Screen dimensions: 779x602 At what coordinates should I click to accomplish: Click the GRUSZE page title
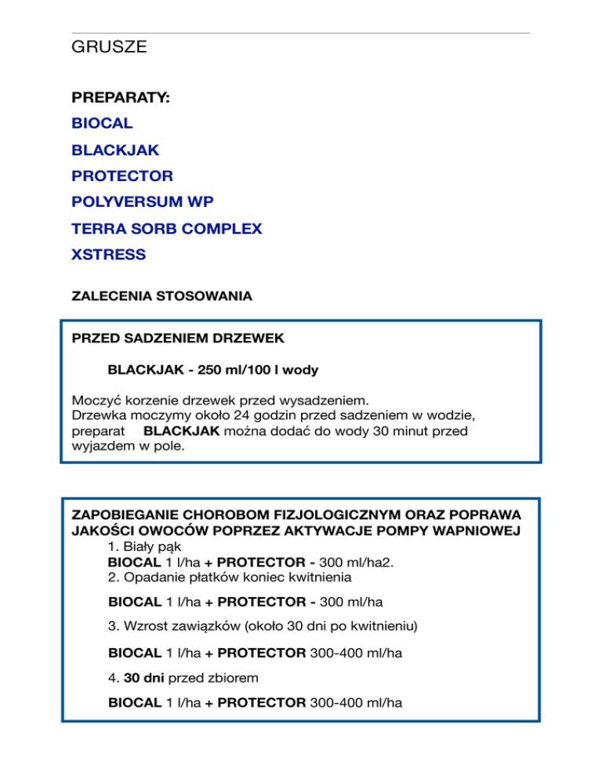109,48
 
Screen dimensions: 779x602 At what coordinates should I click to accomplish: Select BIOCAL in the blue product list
102,124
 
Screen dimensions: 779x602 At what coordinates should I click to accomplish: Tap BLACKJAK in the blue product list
115,150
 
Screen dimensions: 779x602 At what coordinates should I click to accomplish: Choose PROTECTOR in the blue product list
122,176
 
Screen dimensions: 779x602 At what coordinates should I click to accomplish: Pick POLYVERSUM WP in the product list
142,201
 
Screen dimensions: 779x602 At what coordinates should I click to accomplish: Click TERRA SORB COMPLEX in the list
166,228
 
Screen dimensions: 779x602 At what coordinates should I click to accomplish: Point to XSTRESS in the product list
109,254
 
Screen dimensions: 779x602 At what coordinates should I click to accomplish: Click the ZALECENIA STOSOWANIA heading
161,297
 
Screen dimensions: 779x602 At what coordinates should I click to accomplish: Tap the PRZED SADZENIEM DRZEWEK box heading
177,339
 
